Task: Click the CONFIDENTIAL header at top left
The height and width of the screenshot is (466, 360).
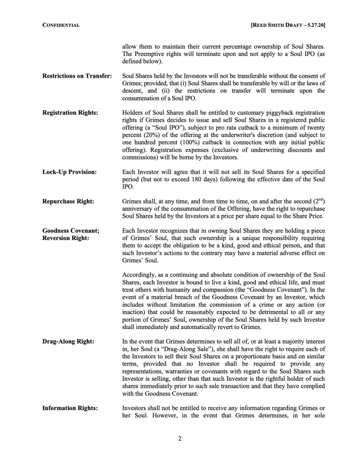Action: coord(61,25)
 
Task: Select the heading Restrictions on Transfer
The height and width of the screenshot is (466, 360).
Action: coord(77,76)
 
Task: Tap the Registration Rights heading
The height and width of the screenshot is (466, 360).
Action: coord(70,112)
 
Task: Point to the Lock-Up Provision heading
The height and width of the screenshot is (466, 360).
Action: coord(69,172)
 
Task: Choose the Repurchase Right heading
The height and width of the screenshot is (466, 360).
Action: coord(68,202)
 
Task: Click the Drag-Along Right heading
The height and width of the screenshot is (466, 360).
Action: coord(68,342)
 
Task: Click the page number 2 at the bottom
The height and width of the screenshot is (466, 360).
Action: coord(180,439)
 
